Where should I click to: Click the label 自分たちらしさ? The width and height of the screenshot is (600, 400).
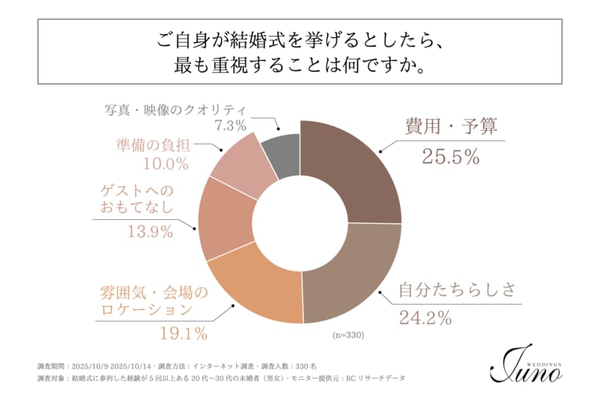(x=455, y=290)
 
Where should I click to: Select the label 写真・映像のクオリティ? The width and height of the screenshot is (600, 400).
(x=175, y=108)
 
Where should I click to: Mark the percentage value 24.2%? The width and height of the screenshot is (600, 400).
(x=425, y=316)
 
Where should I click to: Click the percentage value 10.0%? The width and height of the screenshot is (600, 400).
(x=165, y=163)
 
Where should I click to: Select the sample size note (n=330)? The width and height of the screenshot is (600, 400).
(x=348, y=335)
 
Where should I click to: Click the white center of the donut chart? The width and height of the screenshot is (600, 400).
(x=300, y=222)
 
